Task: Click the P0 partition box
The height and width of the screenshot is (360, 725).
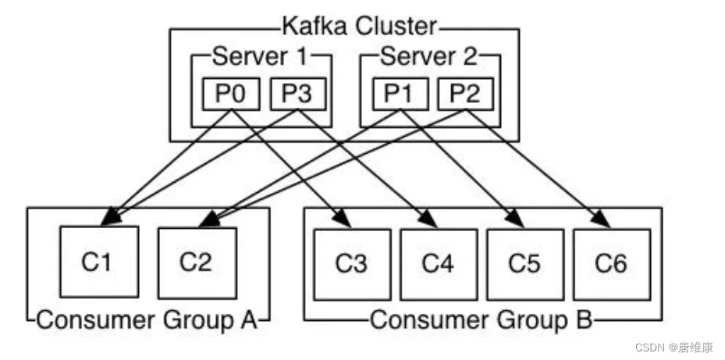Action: [x=231, y=94]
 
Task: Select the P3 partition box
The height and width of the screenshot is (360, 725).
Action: [x=297, y=94]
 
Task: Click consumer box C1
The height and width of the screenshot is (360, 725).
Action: [x=99, y=262]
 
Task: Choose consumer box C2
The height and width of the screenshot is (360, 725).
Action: [x=197, y=262]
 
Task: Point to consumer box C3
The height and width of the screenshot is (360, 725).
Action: [x=352, y=264]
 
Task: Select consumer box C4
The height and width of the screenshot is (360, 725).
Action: [x=439, y=264]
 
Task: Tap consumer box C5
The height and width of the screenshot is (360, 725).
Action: [x=524, y=264]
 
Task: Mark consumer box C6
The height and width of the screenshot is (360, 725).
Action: [x=611, y=264]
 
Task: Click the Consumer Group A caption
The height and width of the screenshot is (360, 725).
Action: [x=147, y=319]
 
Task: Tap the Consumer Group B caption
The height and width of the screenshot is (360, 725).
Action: [x=479, y=319]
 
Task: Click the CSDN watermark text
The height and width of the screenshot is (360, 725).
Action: [x=675, y=347]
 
